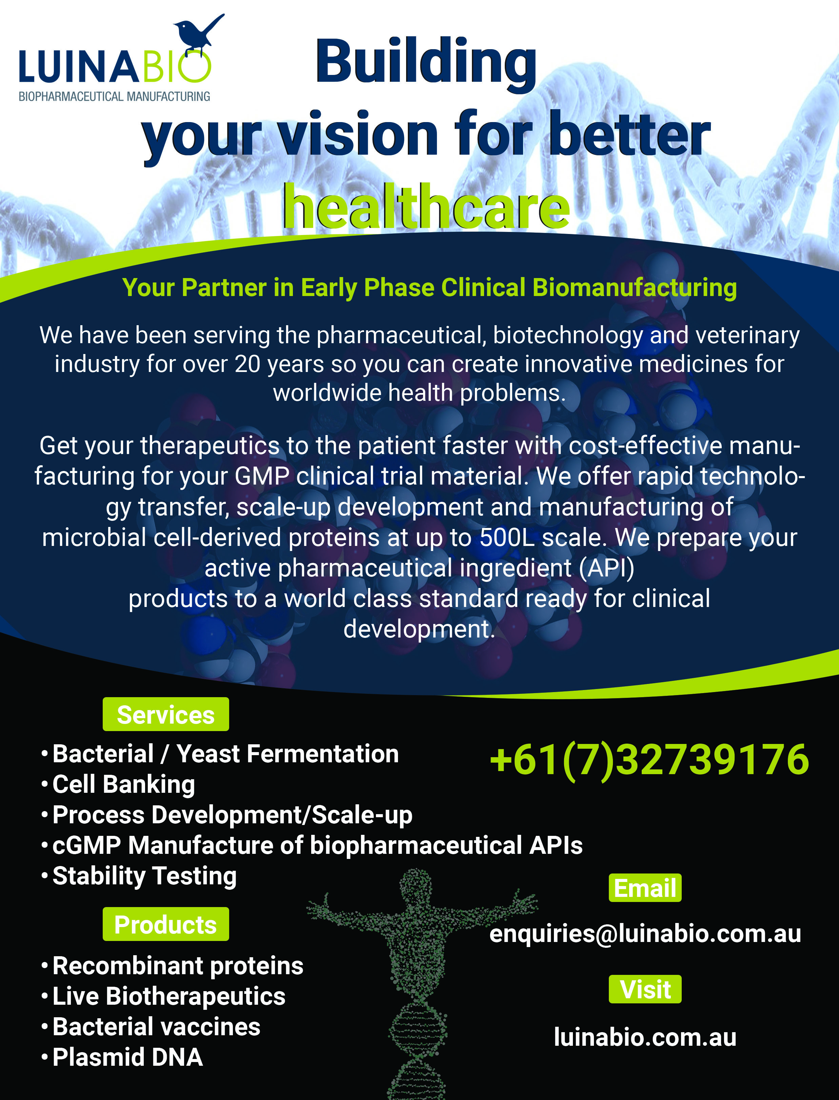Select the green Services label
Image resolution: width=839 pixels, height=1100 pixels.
(166, 714)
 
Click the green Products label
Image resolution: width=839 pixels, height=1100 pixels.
(166, 924)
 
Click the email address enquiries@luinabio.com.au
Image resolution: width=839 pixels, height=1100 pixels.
(645, 934)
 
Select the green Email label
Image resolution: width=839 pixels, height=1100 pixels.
(645, 888)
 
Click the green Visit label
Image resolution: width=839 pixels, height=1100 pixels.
(645, 989)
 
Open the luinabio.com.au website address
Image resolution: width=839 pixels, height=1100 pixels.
(645, 1037)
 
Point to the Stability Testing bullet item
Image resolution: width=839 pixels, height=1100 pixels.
(144, 876)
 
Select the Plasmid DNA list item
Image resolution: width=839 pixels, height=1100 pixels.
(127, 1057)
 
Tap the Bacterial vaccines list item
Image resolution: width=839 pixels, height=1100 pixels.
(156, 1026)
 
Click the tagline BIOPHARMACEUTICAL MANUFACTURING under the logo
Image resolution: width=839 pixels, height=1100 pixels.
(114, 96)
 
